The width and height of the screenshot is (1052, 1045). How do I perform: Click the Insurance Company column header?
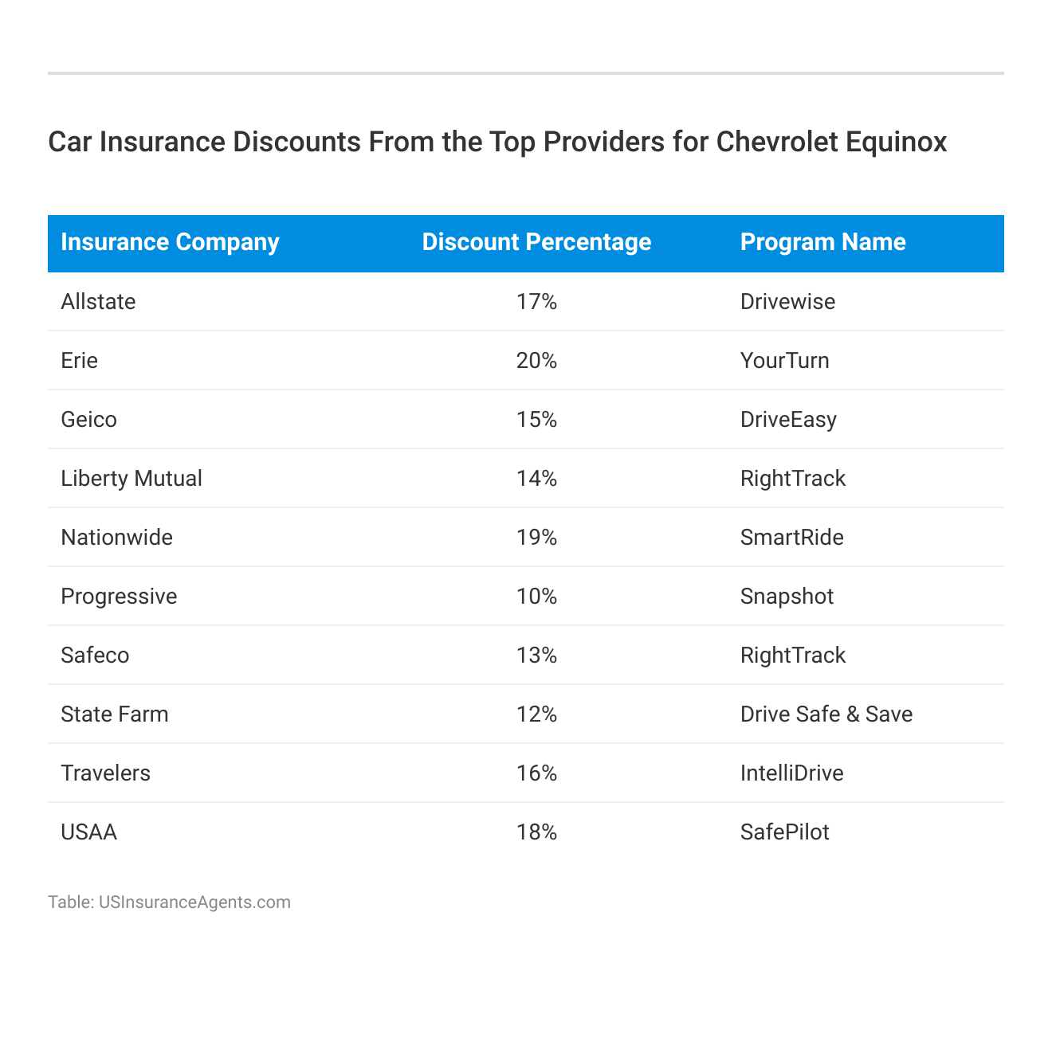pos(170,242)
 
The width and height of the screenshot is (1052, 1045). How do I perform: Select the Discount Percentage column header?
pos(536,242)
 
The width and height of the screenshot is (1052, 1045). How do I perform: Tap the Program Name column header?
pos(822,242)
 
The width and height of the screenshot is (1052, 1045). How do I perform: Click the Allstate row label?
pos(98,302)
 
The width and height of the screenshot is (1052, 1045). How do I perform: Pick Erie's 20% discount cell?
pos(536,361)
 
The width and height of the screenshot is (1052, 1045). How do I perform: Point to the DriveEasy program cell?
pos(788,420)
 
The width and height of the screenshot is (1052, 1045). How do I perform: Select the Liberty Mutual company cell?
pos(131,479)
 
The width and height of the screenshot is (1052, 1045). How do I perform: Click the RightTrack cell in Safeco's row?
pos(793,656)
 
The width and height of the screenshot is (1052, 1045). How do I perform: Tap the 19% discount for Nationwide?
pos(536,538)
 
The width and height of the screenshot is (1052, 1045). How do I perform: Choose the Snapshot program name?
pos(787,597)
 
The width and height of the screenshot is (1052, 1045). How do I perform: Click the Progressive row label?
pos(119,597)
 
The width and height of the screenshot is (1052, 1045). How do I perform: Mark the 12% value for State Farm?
pos(536,714)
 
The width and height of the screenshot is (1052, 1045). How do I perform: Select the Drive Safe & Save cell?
pos(826,714)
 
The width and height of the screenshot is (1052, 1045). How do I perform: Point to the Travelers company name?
pos(105,773)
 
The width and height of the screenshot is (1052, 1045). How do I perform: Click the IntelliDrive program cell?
pos(791,773)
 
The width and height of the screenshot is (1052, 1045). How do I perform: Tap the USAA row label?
pos(88,832)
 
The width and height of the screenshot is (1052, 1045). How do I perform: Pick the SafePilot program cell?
pos(784,832)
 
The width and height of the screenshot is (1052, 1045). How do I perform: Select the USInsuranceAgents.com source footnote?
pos(169,902)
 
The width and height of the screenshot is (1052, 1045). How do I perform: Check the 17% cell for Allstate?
pos(536,302)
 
